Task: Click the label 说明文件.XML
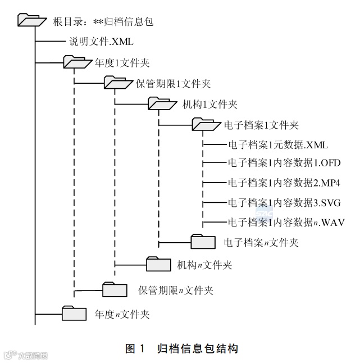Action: (x=101, y=41)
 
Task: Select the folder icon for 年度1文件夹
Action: (x=76, y=61)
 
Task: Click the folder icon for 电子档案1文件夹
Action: (x=206, y=124)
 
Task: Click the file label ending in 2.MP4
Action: (x=284, y=183)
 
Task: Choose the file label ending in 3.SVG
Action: (x=284, y=202)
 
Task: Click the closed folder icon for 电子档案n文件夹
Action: (x=203, y=242)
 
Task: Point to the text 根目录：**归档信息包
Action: (x=103, y=22)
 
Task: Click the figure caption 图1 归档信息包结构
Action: (x=181, y=349)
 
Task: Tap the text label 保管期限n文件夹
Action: (x=176, y=290)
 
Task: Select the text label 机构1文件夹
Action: (x=211, y=105)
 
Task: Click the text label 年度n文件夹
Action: (x=122, y=314)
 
